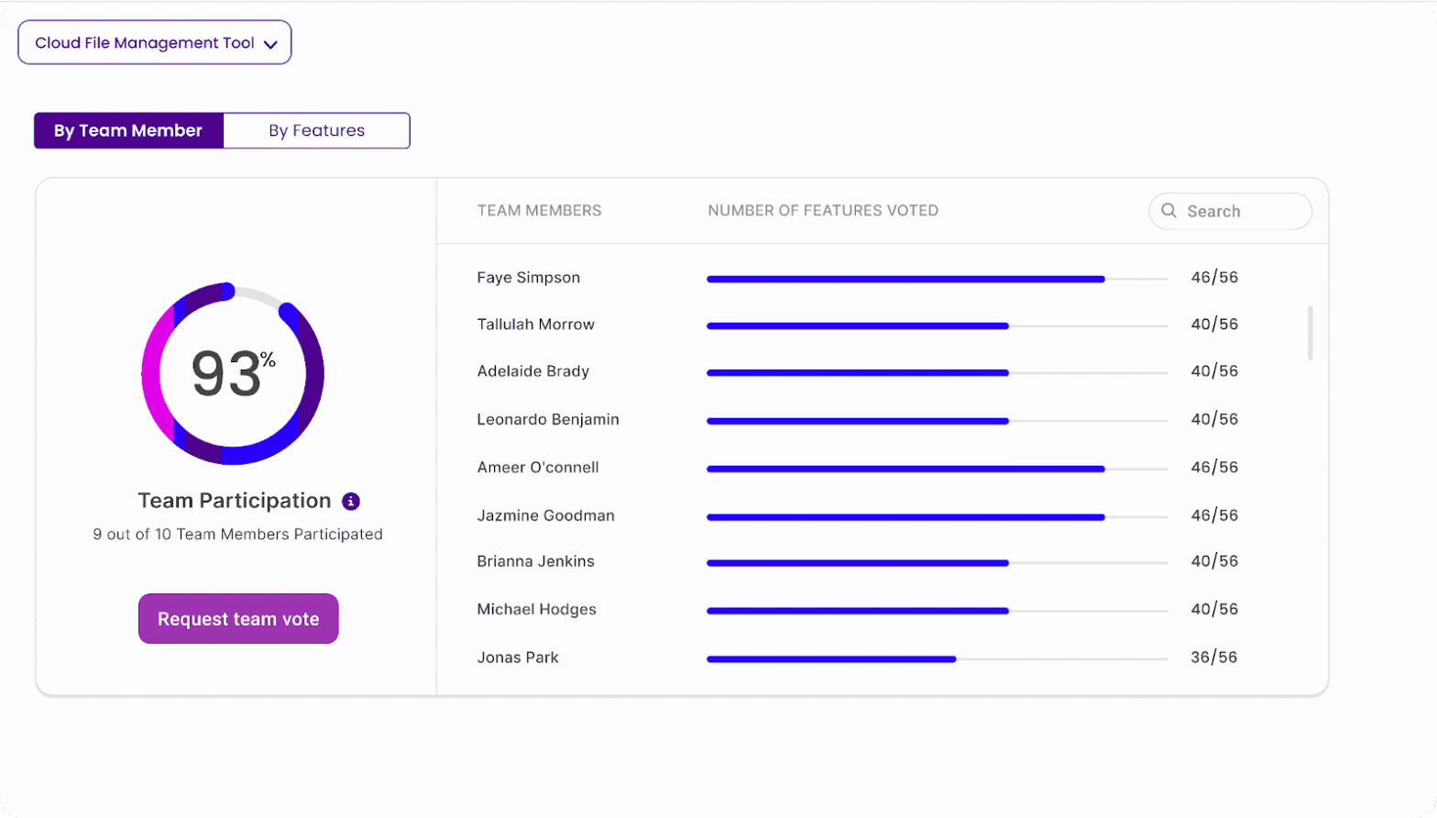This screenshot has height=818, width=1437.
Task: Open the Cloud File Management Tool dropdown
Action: pyautogui.click(x=154, y=43)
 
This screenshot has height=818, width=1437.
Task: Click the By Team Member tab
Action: pyautogui.click(x=128, y=130)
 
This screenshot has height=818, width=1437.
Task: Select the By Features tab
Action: pyautogui.click(x=316, y=130)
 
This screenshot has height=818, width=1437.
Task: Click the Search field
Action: pyautogui.click(x=1237, y=211)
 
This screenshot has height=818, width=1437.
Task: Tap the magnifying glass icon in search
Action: pyautogui.click(x=1168, y=211)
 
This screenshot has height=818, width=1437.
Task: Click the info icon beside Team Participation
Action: pyautogui.click(x=351, y=501)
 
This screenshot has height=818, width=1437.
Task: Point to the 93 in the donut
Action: pyautogui.click(x=225, y=374)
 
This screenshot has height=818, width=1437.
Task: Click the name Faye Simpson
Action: pyautogui.click(x=528, y=277)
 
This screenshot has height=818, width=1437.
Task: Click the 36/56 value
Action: pyautogui.click(x=1213, y=658)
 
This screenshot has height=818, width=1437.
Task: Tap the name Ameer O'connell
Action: pyautogui.click(x=537, y=467)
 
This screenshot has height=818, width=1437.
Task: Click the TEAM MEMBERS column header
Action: pyautogui.click(x=539, y=210)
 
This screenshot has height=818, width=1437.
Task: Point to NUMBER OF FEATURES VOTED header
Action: pyautogui.click(x=822, y=210)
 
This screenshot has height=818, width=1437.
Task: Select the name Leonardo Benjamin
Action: pyautogui.click(x=547, y=419)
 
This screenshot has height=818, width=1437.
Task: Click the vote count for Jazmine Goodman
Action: pyautogui.click(x=1213, y=515)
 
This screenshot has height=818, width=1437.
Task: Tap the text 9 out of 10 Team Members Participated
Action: pyautogui.click(x=237, y=534)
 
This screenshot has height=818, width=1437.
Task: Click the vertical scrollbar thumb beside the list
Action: pyautogui.click(x=1310, y=333)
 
